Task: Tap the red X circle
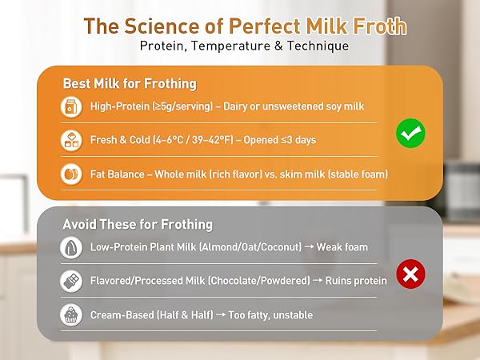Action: [410, 275]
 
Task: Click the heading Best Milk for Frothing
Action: [130, 83]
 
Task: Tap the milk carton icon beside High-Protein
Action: [72, 106]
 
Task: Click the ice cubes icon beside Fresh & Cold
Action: [72, 140]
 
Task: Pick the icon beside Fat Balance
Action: [72, 174]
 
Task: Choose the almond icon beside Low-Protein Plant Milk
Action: [72, 247]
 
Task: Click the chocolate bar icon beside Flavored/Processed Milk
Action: [72, 281]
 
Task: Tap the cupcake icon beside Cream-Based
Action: [72, 314]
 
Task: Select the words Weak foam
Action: [342, 247]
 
